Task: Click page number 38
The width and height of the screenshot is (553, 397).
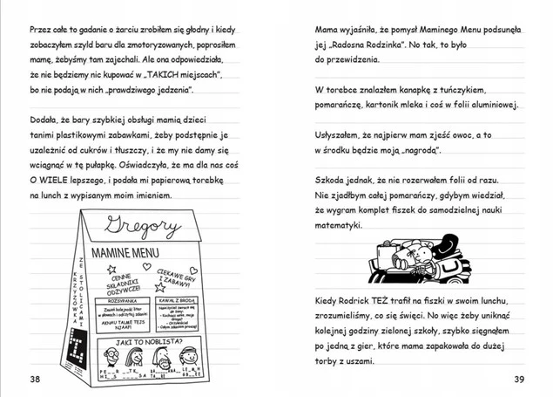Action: (x=34, y=378)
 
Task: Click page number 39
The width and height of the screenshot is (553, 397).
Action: (x=518, y=378)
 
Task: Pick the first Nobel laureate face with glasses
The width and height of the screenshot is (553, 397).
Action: (x=111, y=357)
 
